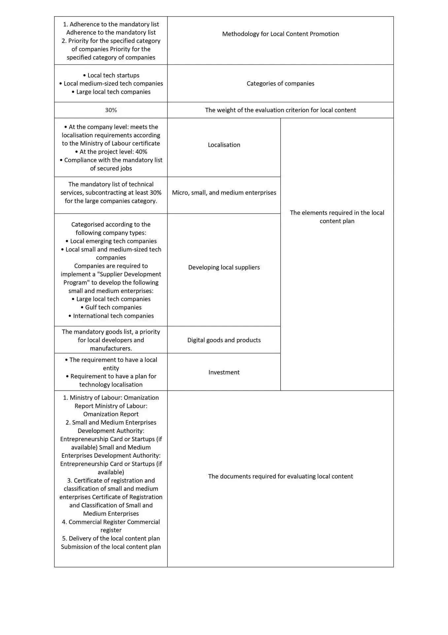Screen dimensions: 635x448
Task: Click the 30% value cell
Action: [111, 110]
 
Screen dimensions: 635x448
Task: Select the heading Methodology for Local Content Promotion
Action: [280, 34]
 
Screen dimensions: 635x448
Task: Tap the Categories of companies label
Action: [280, 83]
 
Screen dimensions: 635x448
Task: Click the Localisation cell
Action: [224, 145]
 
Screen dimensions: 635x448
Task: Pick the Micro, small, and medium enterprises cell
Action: [224, 192]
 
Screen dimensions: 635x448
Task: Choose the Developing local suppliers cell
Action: [224, 267]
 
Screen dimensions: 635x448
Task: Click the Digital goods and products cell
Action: [224, 340]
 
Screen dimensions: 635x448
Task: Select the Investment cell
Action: [224, 372]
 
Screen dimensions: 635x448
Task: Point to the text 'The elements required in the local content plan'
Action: [337, 217]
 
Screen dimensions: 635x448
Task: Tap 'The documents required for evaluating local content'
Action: [280, 476]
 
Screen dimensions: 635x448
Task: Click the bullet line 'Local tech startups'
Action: [111, 75]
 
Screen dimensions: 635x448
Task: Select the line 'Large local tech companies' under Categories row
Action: [111, 92]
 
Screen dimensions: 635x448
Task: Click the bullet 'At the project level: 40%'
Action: [111, 152]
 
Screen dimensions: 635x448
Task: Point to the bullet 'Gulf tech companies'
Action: [111, 307]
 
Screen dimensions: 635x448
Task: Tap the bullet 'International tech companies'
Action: [111, 316]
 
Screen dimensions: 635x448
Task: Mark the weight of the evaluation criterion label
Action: [280, 110]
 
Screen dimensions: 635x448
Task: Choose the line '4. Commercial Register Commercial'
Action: [111, 522]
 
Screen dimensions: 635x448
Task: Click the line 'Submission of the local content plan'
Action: [111, 547]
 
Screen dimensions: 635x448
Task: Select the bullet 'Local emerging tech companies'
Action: [111, 241]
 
